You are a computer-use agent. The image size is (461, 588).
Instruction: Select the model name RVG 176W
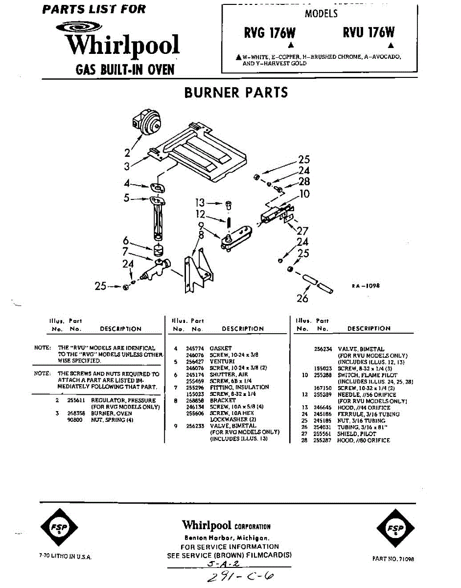[270, 33]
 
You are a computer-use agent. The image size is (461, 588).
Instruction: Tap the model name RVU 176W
[369, 33]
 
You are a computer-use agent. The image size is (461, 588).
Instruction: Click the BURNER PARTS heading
[236, 93]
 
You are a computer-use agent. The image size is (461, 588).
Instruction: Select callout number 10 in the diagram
[304, 194]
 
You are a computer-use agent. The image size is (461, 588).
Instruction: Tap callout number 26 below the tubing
[302, 298]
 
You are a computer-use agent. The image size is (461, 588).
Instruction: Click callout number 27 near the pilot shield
[303, 231]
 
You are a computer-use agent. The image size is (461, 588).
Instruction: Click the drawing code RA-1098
[366, 286]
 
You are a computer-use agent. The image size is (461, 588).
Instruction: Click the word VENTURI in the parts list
[220, 361]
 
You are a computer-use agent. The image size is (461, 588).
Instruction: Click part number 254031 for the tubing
[322, 427]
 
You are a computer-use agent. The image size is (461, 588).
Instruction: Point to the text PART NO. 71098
[393, 559]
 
